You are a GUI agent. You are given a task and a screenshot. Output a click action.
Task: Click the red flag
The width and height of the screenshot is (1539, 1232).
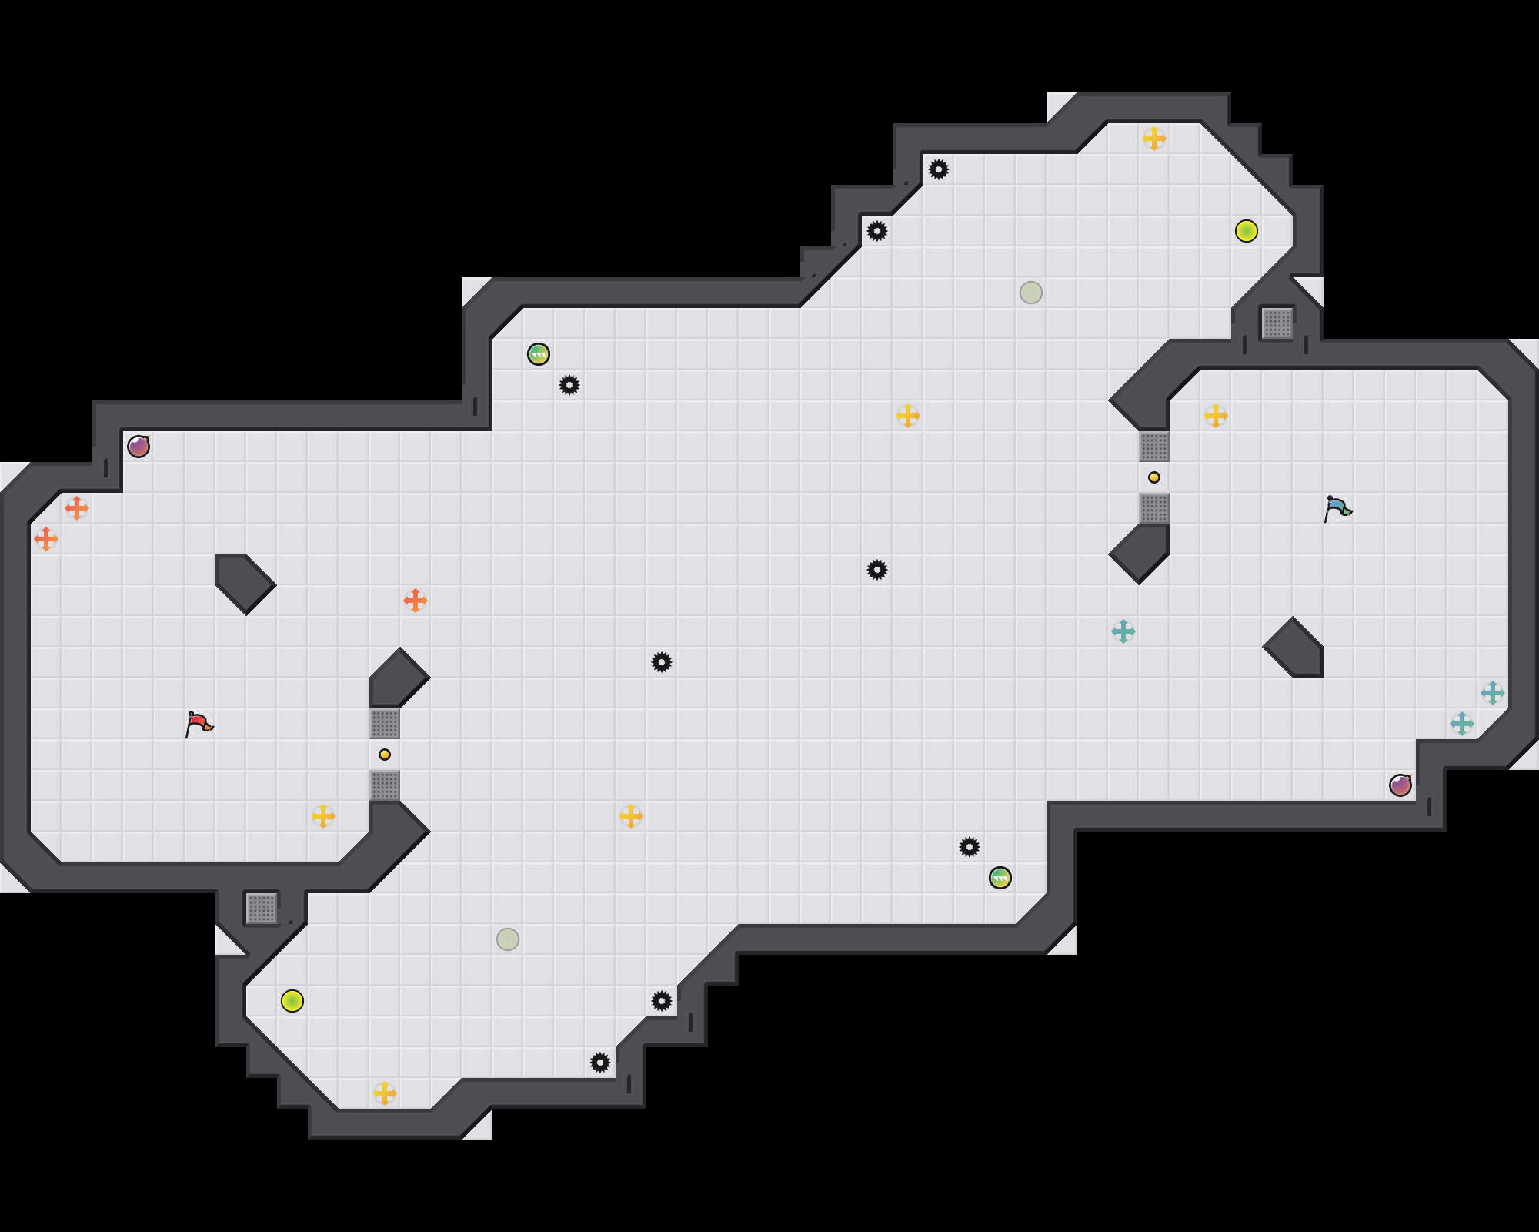coord(199,724)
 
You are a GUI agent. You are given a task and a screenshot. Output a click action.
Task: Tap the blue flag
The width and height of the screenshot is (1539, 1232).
coord(1337,508)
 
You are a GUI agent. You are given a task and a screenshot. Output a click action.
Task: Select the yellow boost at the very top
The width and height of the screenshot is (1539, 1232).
coord(1154,139)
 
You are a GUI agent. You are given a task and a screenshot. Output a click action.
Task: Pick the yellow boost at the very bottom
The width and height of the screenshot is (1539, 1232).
coord(385,1093)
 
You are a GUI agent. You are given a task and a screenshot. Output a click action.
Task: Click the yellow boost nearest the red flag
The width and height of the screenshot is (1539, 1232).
coord(323,816)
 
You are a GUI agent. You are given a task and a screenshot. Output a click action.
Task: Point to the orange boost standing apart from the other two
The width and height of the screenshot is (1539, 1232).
coord(416,601)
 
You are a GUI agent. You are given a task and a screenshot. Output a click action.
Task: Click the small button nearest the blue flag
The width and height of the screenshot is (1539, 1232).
coord(1154,477)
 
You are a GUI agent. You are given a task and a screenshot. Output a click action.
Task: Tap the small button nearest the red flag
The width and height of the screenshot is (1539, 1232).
coord(385,755)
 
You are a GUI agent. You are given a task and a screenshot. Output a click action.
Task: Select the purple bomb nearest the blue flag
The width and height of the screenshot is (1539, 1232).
coord(1400,785)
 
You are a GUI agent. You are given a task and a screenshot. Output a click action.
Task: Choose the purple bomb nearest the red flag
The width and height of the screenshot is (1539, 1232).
coord(139,447)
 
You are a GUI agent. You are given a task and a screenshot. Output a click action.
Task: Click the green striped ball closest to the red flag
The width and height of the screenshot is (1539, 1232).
coord(539,354)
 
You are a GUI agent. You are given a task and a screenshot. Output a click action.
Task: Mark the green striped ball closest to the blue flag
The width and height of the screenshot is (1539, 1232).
coord(1000,878)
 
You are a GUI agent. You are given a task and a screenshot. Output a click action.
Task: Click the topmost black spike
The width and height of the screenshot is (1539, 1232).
coord(939,169)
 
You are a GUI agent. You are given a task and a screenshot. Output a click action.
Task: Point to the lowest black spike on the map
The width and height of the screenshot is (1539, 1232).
coord(600,1063)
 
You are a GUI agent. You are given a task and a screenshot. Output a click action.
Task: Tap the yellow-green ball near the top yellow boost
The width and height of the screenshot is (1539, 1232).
coord(1247,231)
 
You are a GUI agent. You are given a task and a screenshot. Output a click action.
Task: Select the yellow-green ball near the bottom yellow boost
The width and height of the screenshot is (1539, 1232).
coord(292,1001)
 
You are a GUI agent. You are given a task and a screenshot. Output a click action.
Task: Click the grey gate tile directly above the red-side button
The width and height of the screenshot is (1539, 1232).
coord(385,724)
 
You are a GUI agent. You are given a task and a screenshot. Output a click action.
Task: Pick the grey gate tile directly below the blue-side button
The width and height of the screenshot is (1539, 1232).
coord(1154,508)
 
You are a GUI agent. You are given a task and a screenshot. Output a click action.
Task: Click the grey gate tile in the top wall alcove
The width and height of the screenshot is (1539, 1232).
coord(1277,323)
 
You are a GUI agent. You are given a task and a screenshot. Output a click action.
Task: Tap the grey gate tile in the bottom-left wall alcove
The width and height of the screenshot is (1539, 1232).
coord(262,909)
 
